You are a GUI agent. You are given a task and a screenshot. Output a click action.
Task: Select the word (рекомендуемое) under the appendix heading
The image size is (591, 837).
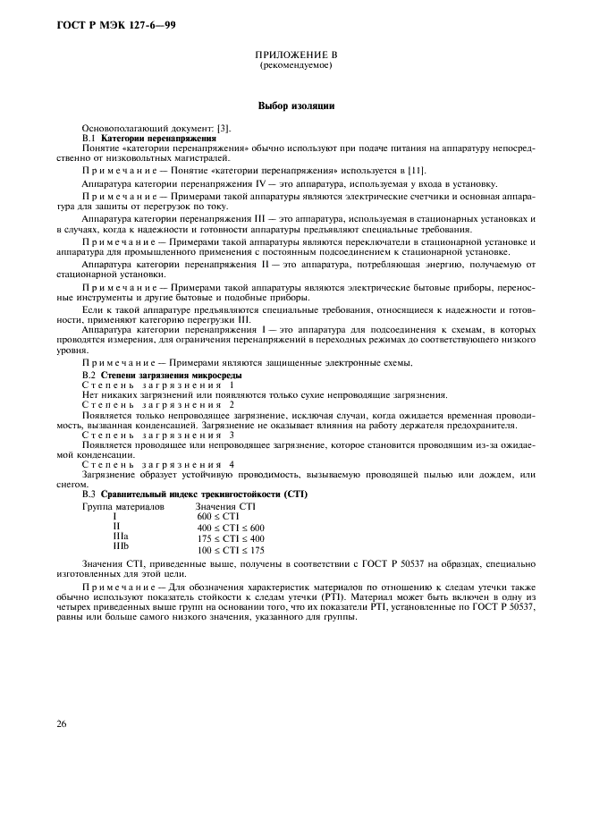pos(295,66)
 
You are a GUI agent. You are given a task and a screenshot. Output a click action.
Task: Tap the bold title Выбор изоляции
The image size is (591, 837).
pos(296,106)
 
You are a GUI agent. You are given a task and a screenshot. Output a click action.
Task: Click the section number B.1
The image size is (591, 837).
pos(89,139)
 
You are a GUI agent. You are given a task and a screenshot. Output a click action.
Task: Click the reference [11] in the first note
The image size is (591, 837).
pos(417,169)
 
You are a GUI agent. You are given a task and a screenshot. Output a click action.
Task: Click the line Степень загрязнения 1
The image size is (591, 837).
pos(157,385)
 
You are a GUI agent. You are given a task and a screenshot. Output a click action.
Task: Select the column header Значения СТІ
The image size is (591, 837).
pos(225,507)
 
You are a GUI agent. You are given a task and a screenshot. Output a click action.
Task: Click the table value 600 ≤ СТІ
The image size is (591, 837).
pos(215,517)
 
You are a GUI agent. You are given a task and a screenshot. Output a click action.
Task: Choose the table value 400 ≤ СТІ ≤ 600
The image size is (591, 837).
pos(231,528)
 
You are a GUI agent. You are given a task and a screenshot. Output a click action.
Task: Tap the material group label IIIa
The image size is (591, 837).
pos(120,537)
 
